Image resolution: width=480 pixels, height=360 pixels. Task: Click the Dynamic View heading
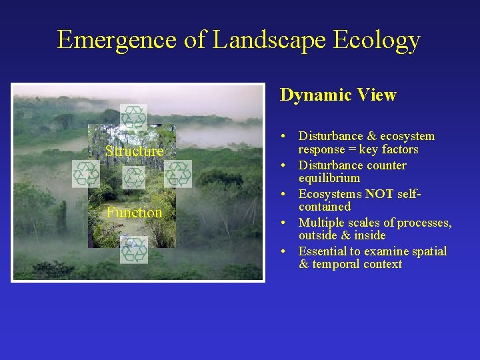pos(338,95)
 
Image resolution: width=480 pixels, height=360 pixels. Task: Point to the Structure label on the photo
pos(134,151)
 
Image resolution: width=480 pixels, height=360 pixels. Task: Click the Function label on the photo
pos(135,213)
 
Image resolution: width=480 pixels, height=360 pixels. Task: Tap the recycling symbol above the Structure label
pos(133,117)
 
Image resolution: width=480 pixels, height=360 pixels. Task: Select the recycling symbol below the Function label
pos(135,249)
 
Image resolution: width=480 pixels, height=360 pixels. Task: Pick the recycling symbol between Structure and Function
pos(134,178)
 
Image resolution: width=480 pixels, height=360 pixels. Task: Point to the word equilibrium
pos(329,178)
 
